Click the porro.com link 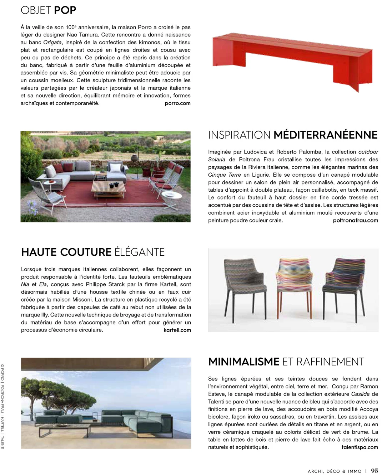(177, 103)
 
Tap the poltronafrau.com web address (355, 220)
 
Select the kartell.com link (177, 330)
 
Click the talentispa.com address (360, 447)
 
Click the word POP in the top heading (65, 10)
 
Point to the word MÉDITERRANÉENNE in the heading (325, 135)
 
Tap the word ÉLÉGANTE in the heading (140, 252)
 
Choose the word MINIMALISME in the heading (243, 362)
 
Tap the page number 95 (375, 471)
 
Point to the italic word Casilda (360, 394)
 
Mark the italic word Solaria (217, 160)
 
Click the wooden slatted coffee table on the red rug (109, 187)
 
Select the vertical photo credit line (2, 407)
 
